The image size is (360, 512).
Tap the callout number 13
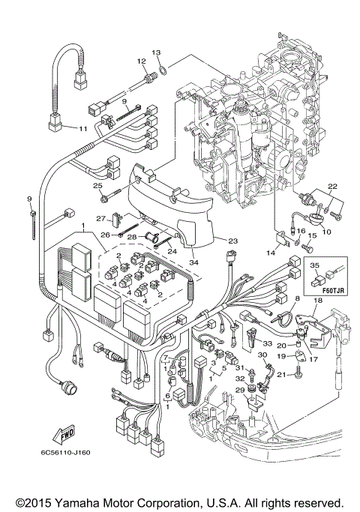156,52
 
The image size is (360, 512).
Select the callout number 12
140,61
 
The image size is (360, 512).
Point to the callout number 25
97,187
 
